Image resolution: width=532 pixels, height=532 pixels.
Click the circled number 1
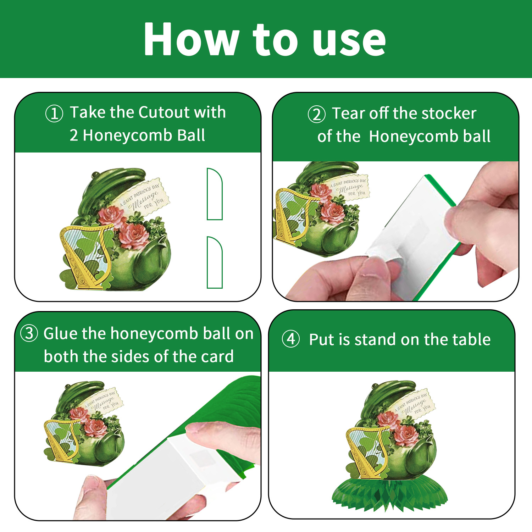pyautogui.click(x=54, y=113)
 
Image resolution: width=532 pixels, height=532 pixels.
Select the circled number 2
pyautogui.click(x=316, y=114)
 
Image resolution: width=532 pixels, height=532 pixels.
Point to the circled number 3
pyautogui.click(x=29, y=333)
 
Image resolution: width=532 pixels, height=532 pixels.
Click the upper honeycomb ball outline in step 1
pyautogui.click(x=215, y=194)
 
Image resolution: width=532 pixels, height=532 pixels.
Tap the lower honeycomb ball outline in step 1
pyautogui.click(x=215, y=262)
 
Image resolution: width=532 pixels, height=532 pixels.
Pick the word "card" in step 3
pyautogui.click(x=217, y=356)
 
